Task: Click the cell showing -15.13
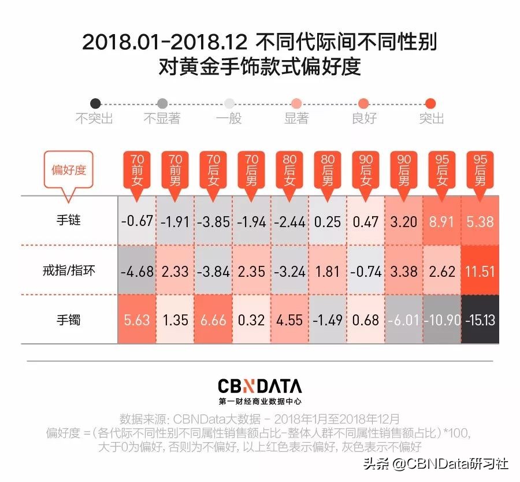pos(480,320)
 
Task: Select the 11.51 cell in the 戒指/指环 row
pos(480,270)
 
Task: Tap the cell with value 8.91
pos(441,221)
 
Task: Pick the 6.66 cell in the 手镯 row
pos(213,320)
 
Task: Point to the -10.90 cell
pos(441,320)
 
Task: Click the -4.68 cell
pos(137,270)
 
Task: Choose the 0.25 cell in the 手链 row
pos(328,221)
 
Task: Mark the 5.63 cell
pos(137,320)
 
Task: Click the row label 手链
pos(69,221)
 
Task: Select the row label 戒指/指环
pos(69,270)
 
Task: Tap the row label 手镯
pos(69,319)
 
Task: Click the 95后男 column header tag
pos(480,171)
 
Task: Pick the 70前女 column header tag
pos(137,171)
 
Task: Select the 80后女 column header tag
pos(289,171)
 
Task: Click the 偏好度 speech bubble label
pos(69,170)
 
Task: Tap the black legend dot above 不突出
pos(96,104)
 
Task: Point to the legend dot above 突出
pos(430,104)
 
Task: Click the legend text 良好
pos(364,118)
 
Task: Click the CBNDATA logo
pos(259,385)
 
